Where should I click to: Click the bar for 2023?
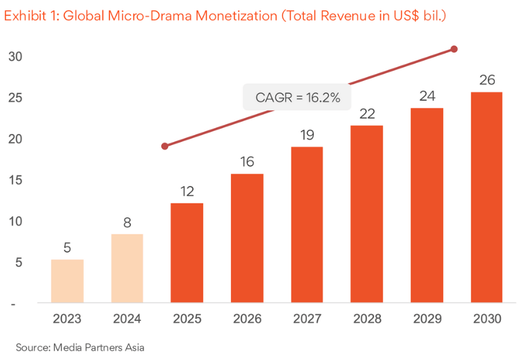click(67, 281)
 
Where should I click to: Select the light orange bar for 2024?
click(127, 268)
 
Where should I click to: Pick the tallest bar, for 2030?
click(486, 197)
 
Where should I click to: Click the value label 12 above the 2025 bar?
click(187, 190)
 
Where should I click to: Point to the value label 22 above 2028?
click(367, 114)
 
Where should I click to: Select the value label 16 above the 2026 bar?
click(247, 161)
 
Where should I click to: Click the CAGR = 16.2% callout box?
click(297, 97)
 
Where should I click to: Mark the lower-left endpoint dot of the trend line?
click(165, 146)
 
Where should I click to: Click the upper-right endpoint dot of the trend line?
click(454, 49)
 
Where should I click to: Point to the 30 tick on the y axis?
click(15, 57)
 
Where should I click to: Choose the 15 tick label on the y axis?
click(15, 180)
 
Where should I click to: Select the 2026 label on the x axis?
click(247, 319)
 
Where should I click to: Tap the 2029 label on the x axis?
click(427, 319)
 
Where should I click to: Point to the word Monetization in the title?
click(236, 16)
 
